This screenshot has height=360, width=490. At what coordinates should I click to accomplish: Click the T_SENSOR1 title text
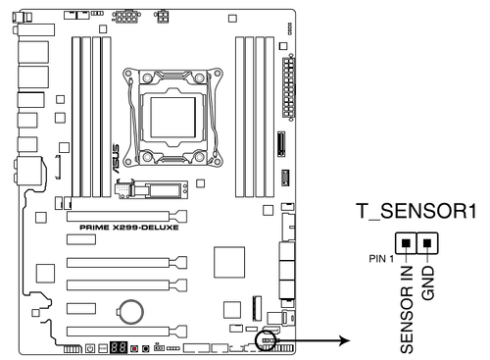point(416,211)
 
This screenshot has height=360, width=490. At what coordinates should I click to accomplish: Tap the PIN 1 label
point(381,259)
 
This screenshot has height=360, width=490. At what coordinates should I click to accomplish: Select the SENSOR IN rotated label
point(407,310)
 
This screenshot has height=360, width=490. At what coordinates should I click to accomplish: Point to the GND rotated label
point(428,283)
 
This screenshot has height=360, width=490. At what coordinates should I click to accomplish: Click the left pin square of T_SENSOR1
point(406,243)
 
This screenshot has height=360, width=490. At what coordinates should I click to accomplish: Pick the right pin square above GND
point(427,243)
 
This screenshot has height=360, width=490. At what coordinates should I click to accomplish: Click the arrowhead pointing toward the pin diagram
point(345,340)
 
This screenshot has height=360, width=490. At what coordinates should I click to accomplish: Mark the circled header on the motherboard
point(266,340)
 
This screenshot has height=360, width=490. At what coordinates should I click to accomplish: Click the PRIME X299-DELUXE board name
point(129,228)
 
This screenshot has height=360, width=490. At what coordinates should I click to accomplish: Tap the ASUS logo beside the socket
point(116,159)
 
